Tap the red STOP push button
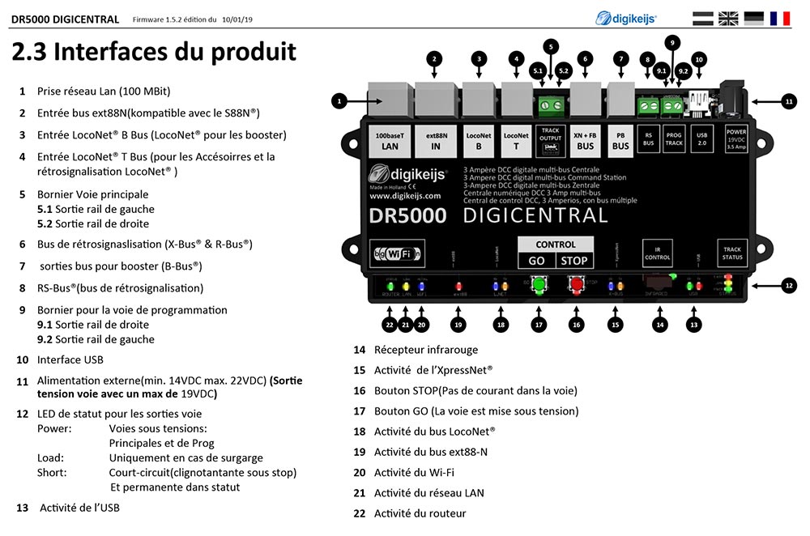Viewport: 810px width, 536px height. pos(577,285)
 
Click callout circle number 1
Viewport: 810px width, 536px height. pos(339,101)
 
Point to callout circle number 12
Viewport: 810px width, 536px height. pos(789,284)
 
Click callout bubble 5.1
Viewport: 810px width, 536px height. pos(538,71)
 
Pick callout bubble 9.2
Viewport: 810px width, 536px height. pos(683,71)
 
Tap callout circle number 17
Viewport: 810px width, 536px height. pos(537,324)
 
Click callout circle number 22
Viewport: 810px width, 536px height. pos(389,324)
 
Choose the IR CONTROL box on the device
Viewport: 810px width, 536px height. pos(657,251)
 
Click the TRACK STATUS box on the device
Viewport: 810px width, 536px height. pos(731,251)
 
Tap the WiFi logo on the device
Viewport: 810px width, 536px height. pos(396,253)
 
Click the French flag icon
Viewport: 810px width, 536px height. pos(780,18)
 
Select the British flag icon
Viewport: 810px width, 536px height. pos(729,18)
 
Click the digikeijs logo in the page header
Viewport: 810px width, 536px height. pos(626,18)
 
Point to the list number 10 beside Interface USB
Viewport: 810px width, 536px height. pos(22,359)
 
